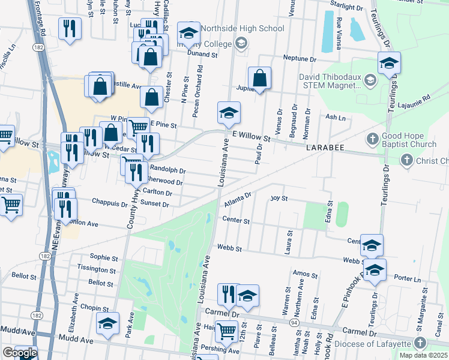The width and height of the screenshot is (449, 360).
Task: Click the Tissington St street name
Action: click(x=96, y=270)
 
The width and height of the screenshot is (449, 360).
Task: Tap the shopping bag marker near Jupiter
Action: click(x=259, y=78)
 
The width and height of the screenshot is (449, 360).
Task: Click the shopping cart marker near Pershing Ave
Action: click(x=226, y=331)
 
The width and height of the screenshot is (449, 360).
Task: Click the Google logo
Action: click(x=19, y=353)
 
